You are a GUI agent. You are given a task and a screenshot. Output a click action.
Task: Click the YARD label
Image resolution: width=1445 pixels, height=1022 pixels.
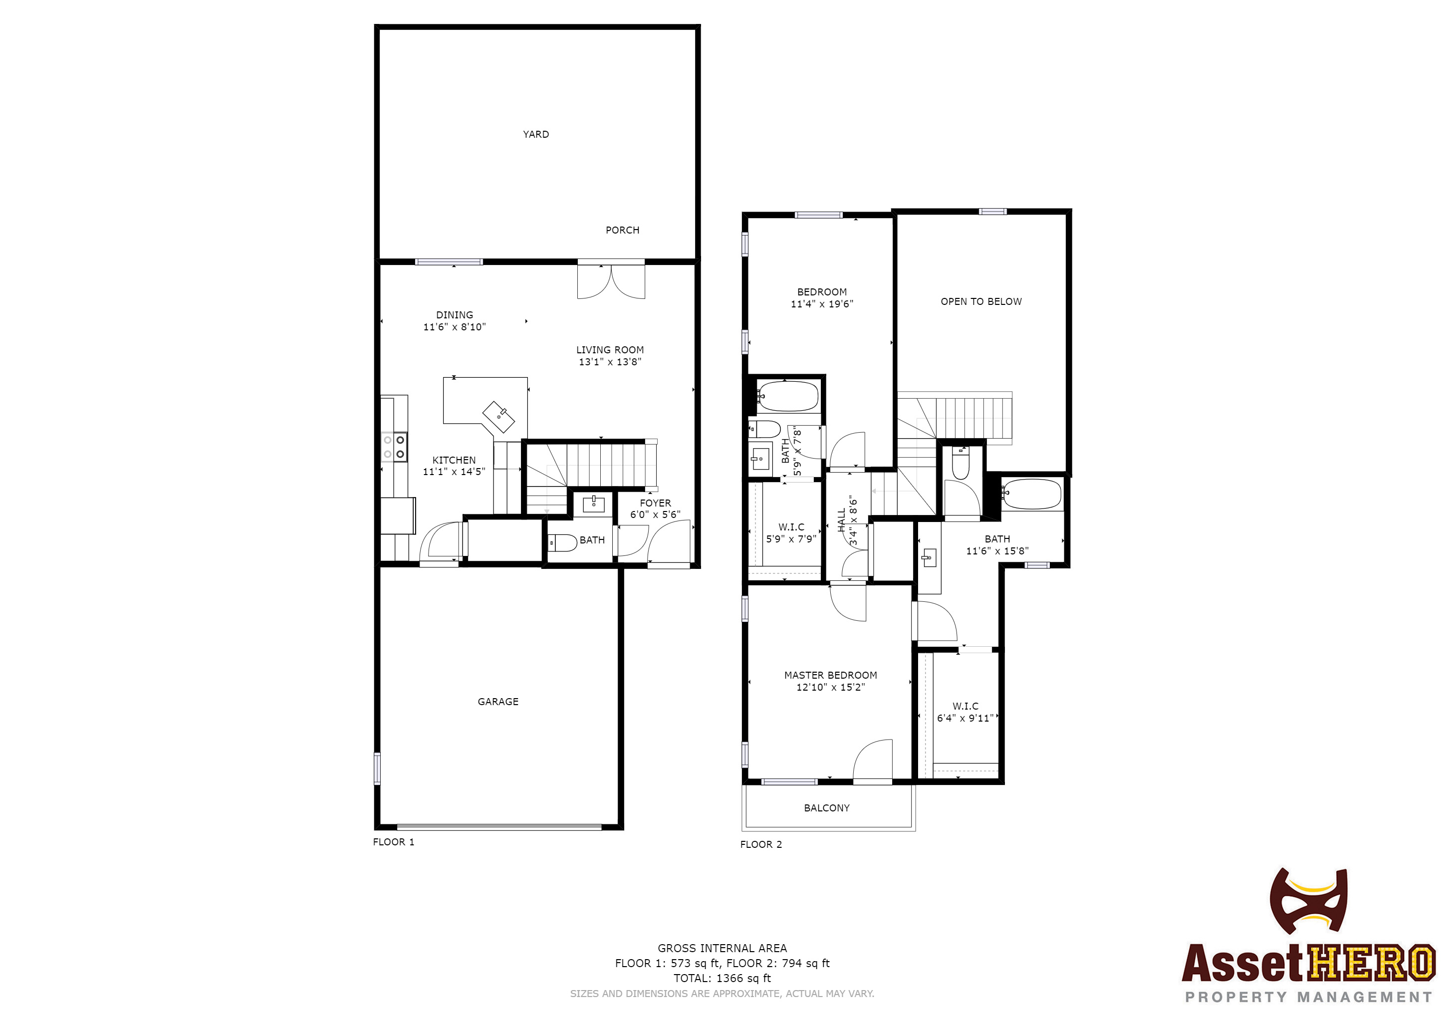coord(535,134)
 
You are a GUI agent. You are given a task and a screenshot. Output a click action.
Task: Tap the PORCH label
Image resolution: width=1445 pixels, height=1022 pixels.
coord(622,231)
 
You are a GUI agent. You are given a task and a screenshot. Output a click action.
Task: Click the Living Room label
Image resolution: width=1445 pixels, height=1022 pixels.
coord(609,350)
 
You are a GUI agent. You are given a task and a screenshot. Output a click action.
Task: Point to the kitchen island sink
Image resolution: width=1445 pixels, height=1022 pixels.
coord(498,416)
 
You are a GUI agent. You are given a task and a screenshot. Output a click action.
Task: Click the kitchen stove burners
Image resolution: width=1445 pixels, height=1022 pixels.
coord(394,447)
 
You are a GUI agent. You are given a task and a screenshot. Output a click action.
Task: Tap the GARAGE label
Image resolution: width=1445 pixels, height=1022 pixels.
coord(498,702)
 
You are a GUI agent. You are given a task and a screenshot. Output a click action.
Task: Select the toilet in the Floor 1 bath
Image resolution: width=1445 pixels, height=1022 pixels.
coord(562,542)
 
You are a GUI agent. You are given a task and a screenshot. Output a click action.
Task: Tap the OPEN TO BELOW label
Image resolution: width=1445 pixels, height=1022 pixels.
coord(980,301)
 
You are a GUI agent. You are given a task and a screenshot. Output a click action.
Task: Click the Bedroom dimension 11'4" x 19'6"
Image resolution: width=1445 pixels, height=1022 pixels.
coord(821,304)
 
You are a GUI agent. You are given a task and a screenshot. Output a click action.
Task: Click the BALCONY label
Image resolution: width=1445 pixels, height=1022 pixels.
coord(826,808)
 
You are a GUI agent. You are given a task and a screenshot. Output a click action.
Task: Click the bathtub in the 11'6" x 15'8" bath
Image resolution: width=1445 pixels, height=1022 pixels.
coord(1031,494)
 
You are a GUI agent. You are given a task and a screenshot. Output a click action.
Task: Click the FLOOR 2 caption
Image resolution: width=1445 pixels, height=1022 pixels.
coord(760,844)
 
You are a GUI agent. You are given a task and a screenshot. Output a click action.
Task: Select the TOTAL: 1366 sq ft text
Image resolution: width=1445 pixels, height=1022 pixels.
coord(722,978)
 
